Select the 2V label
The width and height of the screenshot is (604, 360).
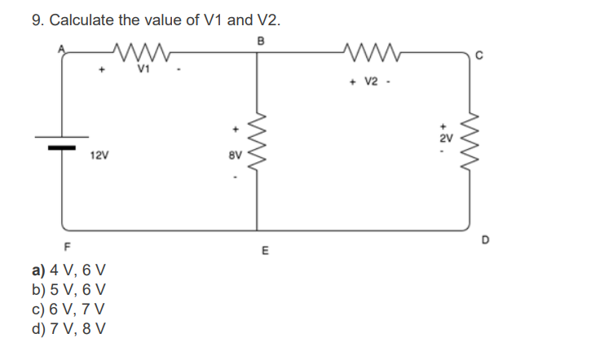pos(444,139)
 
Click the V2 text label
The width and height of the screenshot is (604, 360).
pos(371,81)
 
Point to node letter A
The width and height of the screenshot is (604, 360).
pos(59,46)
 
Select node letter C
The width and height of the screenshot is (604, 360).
pos(482,55)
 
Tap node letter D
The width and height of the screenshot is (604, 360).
pos(487,239)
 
